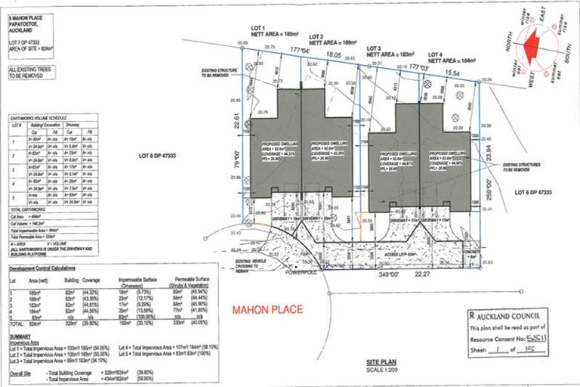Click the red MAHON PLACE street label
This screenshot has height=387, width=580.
267,309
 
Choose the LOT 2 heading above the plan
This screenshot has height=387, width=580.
316,36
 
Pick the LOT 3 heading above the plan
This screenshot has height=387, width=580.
375,47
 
